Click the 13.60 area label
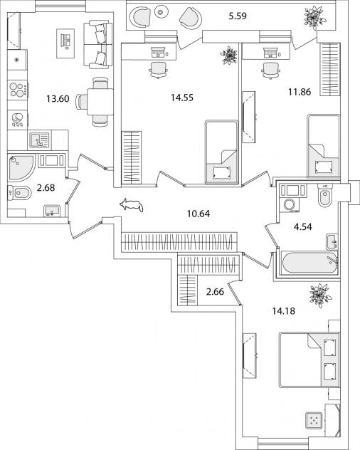point(58,99)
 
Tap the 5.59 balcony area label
point(238,16)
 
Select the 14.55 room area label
point(182,98)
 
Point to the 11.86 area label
point(300,92)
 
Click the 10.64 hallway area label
point(198,214)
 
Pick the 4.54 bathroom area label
point(303,226)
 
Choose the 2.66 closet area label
point(215,292)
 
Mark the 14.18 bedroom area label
point(283,311)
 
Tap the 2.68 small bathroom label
point(46,188)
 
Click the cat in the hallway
point(132,205)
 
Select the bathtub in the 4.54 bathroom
point(309,263)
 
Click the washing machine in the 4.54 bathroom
point(289,205)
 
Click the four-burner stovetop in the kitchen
point(18,90)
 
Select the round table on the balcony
point(160,12)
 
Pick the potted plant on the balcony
point(314,18)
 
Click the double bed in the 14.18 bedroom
point(309,360)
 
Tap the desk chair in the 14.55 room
point(158,70)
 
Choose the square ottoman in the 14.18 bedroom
point(314,420)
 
